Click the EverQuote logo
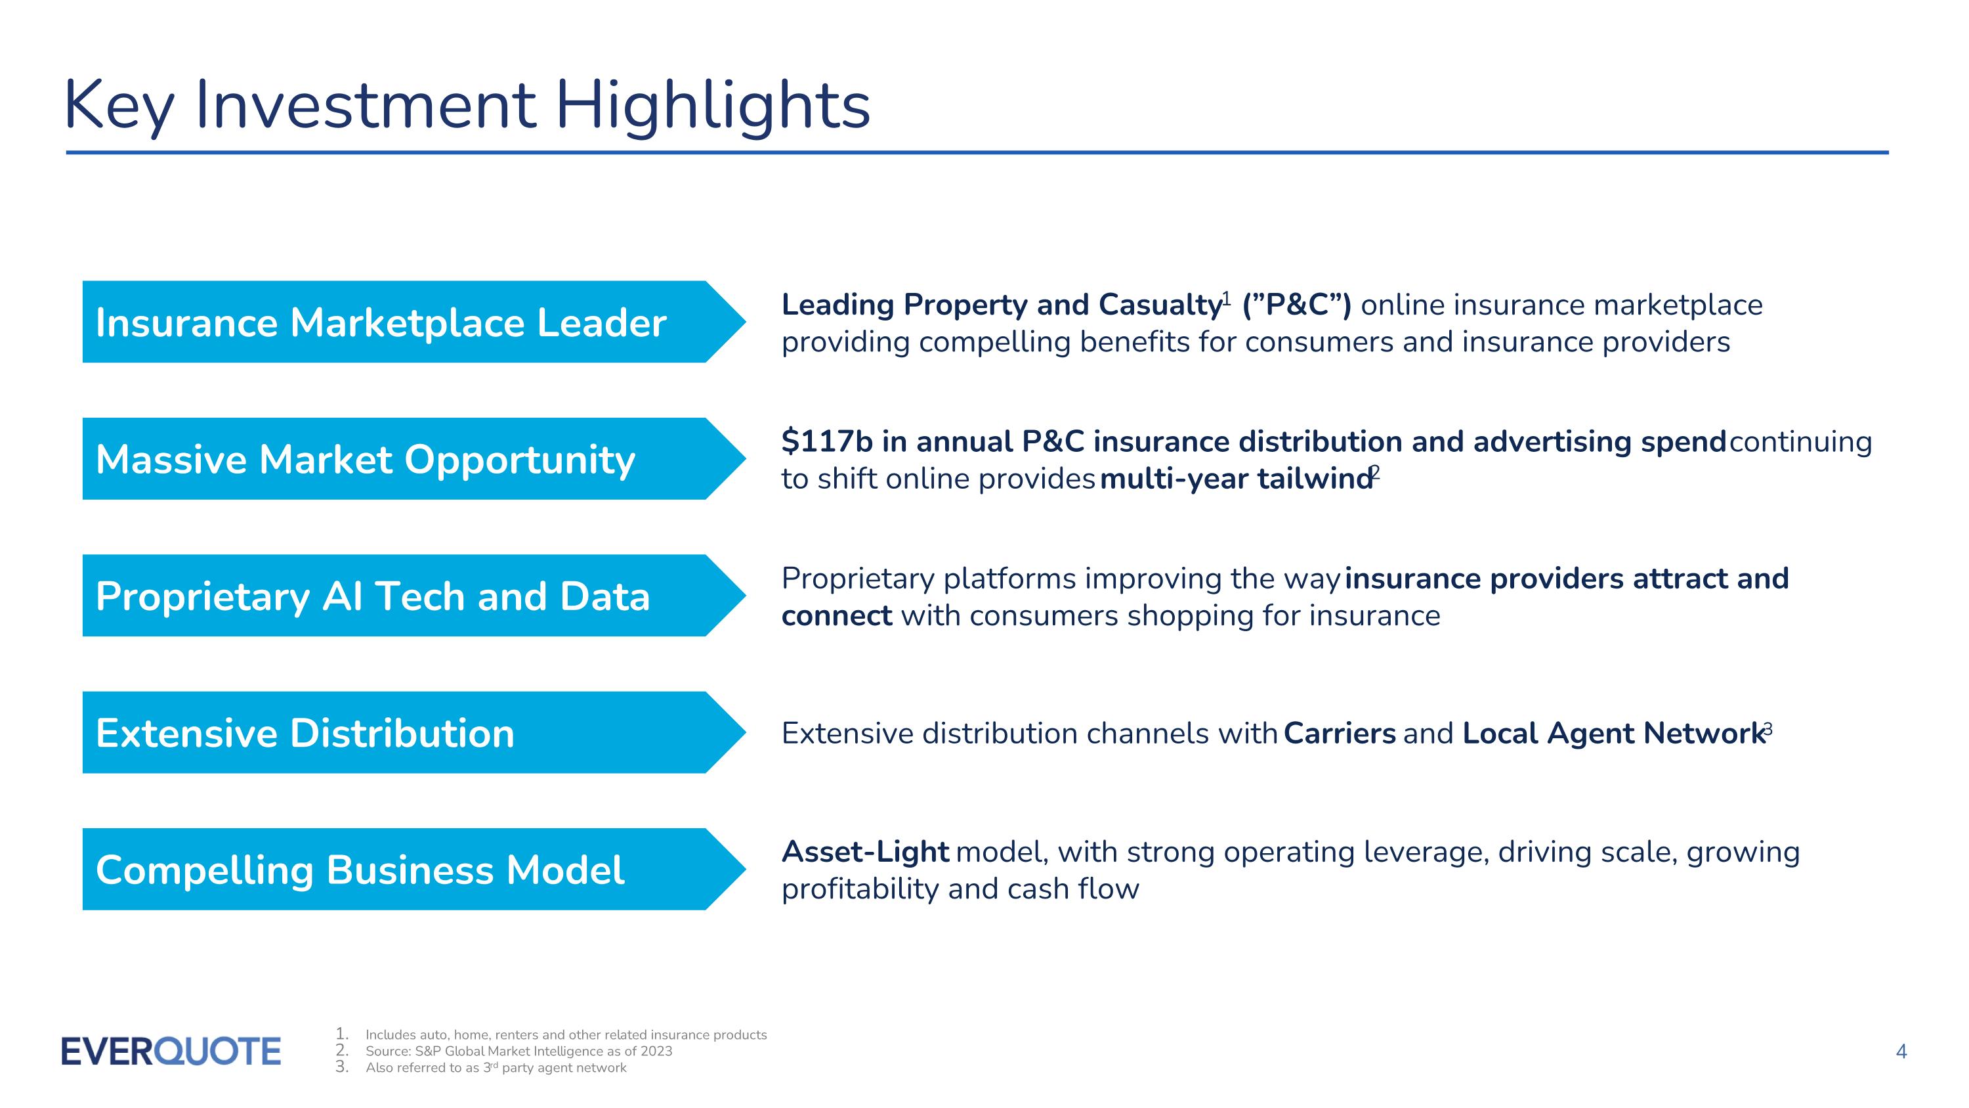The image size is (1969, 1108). (x=171, y=1052)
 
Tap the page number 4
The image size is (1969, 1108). (x=1901, y=1052)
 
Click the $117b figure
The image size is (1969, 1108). (x=826, y=442)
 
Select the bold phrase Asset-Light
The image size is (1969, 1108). (x=864, y=852)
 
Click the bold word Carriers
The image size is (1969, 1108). (x=1339, y=734)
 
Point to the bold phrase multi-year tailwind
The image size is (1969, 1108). (x=1235, y=479)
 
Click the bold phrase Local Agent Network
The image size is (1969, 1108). (x=1613, y=734)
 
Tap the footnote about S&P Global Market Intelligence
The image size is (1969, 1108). (x=519, y=1052)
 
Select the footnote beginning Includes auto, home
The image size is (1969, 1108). (x=566, y=1034)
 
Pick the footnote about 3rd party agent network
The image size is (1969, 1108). (x=496, y=1067)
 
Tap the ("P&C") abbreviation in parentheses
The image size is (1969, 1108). (x=1296, y=305)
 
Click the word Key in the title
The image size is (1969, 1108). (x=119, y=106)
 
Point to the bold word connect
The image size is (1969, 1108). (x=836, y=615)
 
